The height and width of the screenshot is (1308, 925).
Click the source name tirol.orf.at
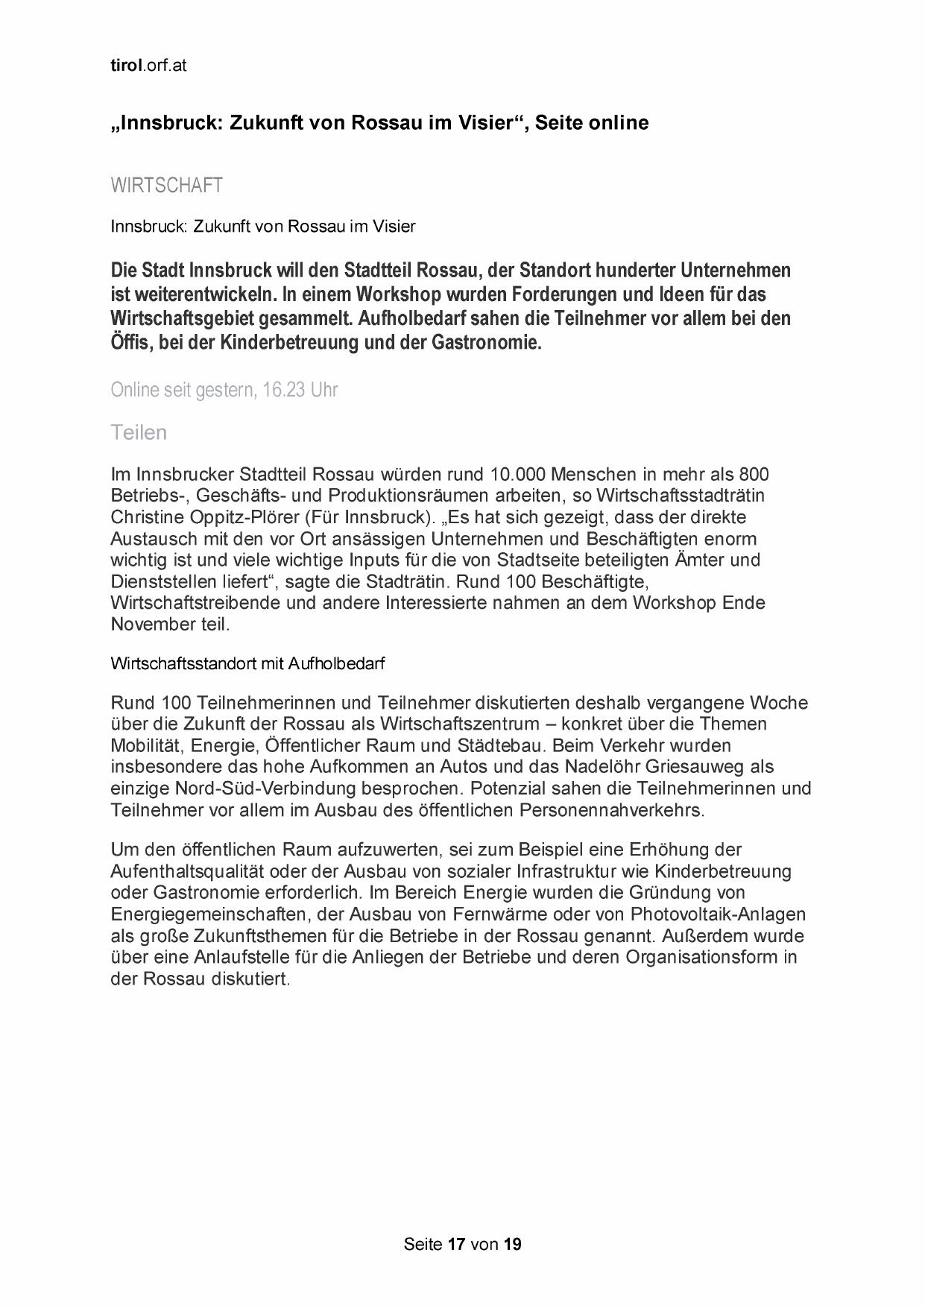(x=148, y=66)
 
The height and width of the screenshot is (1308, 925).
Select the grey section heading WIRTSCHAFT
(x=166, y=186)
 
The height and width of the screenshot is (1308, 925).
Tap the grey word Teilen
(x=139, y=432)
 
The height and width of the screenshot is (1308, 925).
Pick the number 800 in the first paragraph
(x=754, y=475)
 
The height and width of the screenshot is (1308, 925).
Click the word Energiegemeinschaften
(x=204, y=914)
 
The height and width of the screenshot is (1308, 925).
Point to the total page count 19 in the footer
(x=512, y=1244)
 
